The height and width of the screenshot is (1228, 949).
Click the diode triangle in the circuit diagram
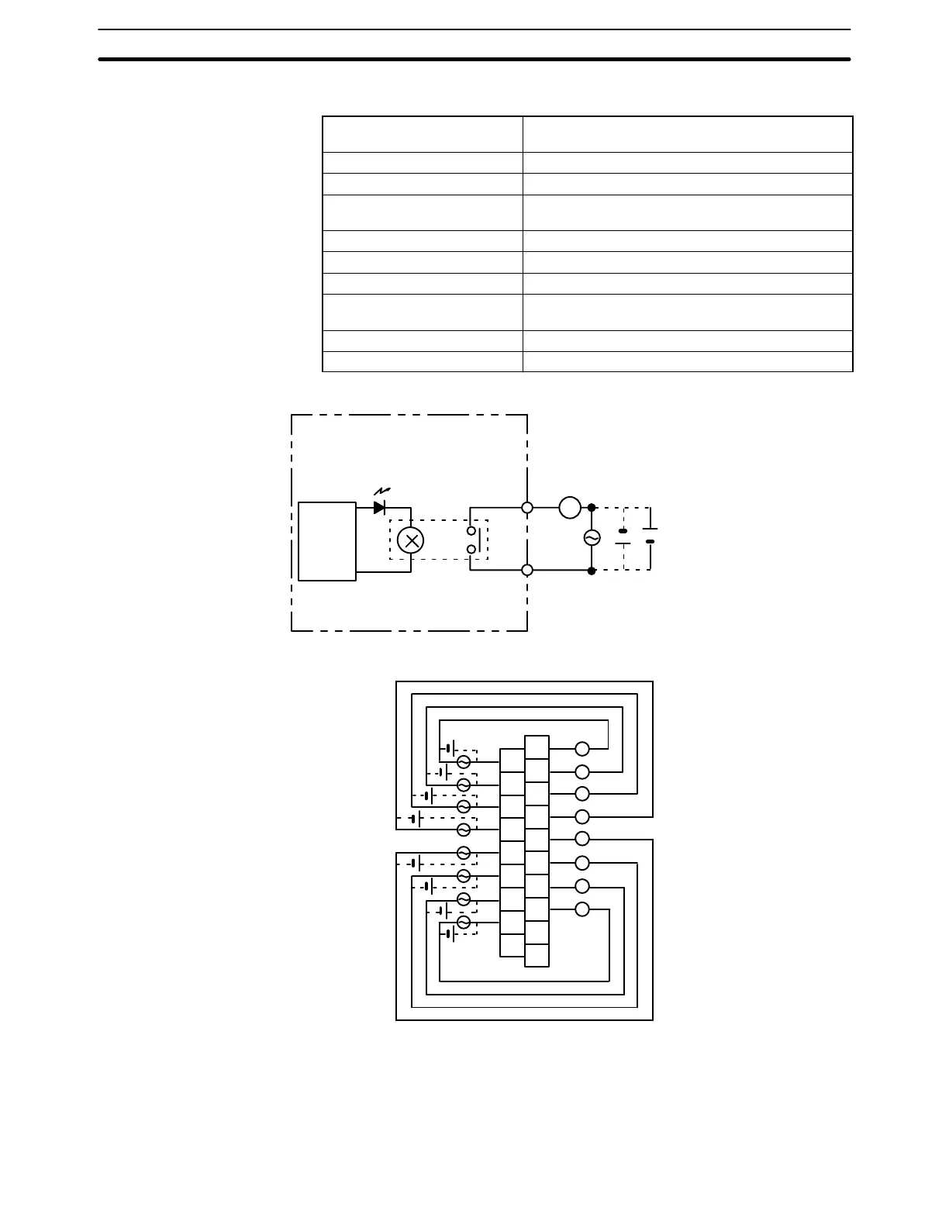[x=379, y=508]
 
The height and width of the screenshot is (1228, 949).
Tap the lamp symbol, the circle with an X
[x=410, y=540]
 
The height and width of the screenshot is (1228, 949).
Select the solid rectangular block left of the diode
[x=327, y=541]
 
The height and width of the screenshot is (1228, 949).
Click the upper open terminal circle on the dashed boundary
[x=527, y=508]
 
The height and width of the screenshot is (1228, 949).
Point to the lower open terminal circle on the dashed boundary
[x=527, y=571]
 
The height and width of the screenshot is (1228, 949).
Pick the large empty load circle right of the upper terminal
[x=570, y=508]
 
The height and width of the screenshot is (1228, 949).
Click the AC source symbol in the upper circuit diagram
[x=592, y=538]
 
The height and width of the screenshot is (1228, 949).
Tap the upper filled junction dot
[x=592, y=508]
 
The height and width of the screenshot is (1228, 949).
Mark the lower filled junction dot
[x=592, y=571]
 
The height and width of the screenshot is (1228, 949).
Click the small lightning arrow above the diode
[x=381, y=492]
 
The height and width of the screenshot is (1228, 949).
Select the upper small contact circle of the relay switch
[x=471, y=532]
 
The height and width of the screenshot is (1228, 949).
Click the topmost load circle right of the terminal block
[x=582, y=749]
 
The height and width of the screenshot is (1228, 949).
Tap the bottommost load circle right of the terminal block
[x=582, y=909]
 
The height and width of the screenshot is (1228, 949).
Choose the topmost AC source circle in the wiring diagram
[x=464, y=762]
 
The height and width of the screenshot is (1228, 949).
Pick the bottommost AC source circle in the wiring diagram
[x=464, y=923]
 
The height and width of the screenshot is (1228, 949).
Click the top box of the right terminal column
[x=537, y=747]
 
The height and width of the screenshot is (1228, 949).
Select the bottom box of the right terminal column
[x=537, y=955]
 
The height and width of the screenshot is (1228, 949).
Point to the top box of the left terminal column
[x=512, y=761]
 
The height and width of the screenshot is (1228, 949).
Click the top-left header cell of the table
[x=423, y=134]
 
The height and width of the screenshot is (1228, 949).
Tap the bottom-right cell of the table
[x=688, y=362]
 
